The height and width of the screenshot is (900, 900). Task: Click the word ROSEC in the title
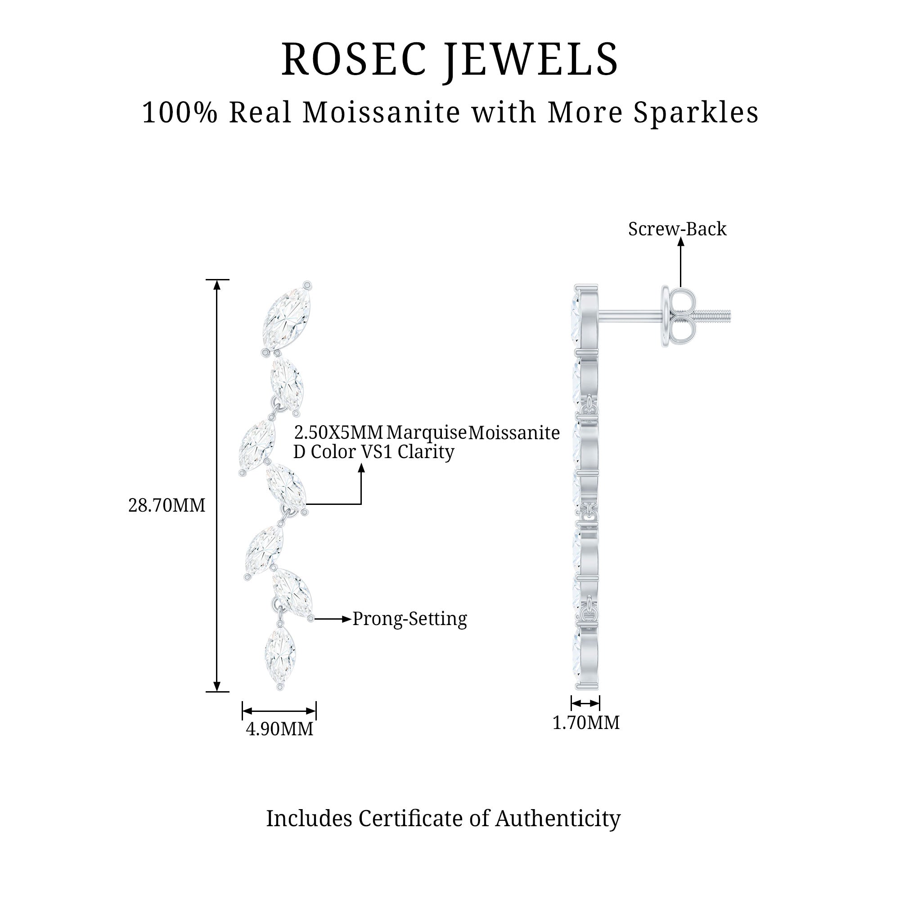354,60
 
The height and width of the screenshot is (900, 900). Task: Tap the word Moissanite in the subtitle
381,113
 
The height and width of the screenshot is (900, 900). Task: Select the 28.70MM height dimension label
166,505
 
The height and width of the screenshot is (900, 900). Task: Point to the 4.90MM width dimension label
279,729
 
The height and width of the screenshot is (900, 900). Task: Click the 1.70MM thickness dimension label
585,723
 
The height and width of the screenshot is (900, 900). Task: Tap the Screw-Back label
677,229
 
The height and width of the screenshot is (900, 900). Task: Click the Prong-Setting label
409,619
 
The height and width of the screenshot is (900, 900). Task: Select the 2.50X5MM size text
339,433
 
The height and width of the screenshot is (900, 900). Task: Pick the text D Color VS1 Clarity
373,452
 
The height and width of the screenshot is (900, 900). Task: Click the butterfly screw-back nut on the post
678,316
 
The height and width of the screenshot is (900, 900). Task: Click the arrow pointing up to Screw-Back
680,263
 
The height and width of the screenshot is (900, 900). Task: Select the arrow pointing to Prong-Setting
332,619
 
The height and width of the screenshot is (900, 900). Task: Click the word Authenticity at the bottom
558,819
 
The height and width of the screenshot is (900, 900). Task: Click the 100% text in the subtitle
180,113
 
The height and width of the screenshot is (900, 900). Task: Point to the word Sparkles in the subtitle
696,113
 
